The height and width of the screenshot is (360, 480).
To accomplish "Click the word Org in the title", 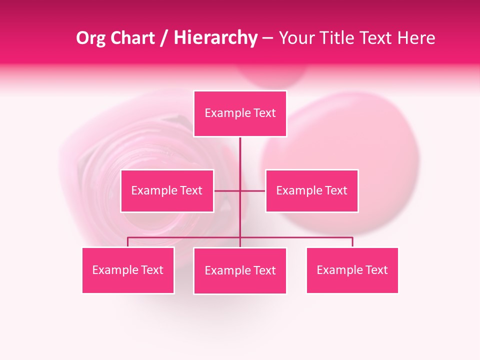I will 91,38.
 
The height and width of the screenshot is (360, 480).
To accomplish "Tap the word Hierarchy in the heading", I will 215,38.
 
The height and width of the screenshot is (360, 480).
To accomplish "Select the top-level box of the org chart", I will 240,113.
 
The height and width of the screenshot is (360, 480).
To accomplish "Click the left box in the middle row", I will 167,190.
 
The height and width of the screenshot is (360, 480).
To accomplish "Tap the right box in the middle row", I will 312,190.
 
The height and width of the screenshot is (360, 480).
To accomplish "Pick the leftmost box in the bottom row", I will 128,270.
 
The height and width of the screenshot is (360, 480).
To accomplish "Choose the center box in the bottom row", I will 240,270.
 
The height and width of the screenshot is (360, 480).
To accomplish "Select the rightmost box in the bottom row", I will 352,270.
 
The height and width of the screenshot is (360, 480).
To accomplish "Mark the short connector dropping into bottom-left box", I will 128,242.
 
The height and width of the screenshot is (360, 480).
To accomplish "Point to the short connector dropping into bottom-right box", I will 352,242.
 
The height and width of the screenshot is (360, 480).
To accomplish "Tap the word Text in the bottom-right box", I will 375,270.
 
